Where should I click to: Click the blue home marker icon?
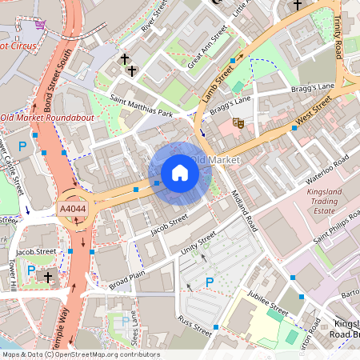click(180, 173)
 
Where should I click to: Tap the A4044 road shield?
click(72, 209)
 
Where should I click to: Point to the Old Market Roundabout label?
click(47, 118)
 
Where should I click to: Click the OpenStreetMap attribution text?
click(80, 354)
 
